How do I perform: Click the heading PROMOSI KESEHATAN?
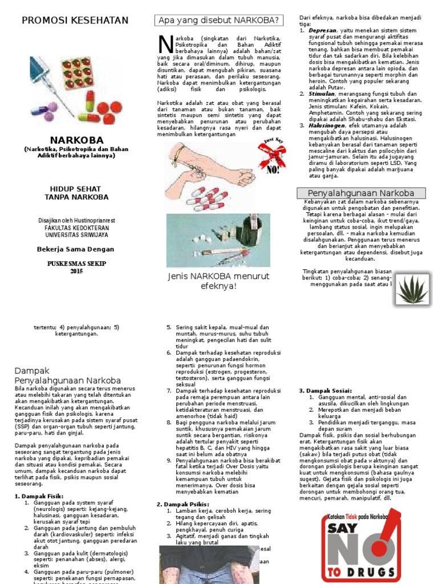(75, 21)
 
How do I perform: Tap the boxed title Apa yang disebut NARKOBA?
(220, 21)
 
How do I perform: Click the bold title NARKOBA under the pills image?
(76, 140)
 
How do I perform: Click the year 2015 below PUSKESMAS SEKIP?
(76, 271)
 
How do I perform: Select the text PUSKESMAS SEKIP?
(76, 263)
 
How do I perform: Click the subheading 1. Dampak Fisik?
(37, 496)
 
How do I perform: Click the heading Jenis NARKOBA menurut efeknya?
(218, 281)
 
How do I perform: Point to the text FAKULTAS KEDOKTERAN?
(76, 227)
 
